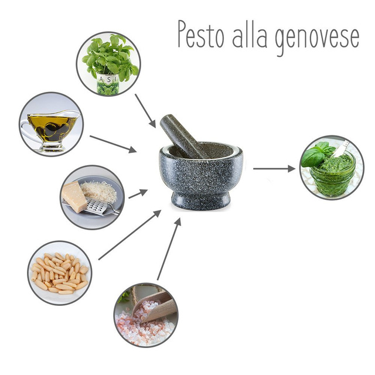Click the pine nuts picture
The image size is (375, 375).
(60, 273)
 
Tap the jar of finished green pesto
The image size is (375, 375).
(328, 168)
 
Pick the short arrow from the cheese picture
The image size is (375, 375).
(138, 193)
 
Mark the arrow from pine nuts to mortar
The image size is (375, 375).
(129, 235)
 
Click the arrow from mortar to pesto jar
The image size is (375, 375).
(274, 169)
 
